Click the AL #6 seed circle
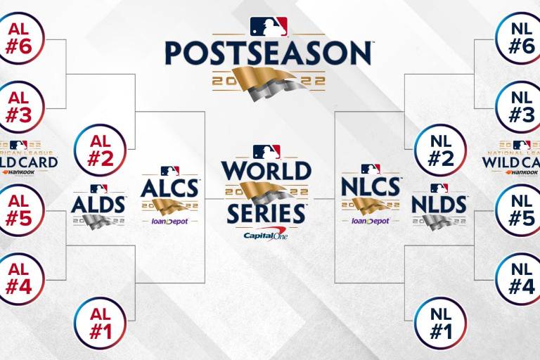click(x=19, y=39)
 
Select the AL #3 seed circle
click(x=19, y=106)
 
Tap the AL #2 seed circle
click(x=99, y=150)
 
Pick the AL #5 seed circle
click(x=19, y=210)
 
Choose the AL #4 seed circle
click(x=19, y=278)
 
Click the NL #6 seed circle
click(x=520, y=39)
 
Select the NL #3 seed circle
click(x=520, y=106)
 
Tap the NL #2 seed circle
click(x=441, y=150)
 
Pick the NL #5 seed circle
click(x=520, y=210)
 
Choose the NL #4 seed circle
click(x=520, y=278)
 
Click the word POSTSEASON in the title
click(x=269, y=53)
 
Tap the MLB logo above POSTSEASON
click(x=269, y=27)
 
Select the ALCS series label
click(x=169, y=188)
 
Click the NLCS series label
click(x=371, y=188)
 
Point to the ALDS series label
click(x=98, y=204)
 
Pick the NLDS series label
click(x=439, y=204)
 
